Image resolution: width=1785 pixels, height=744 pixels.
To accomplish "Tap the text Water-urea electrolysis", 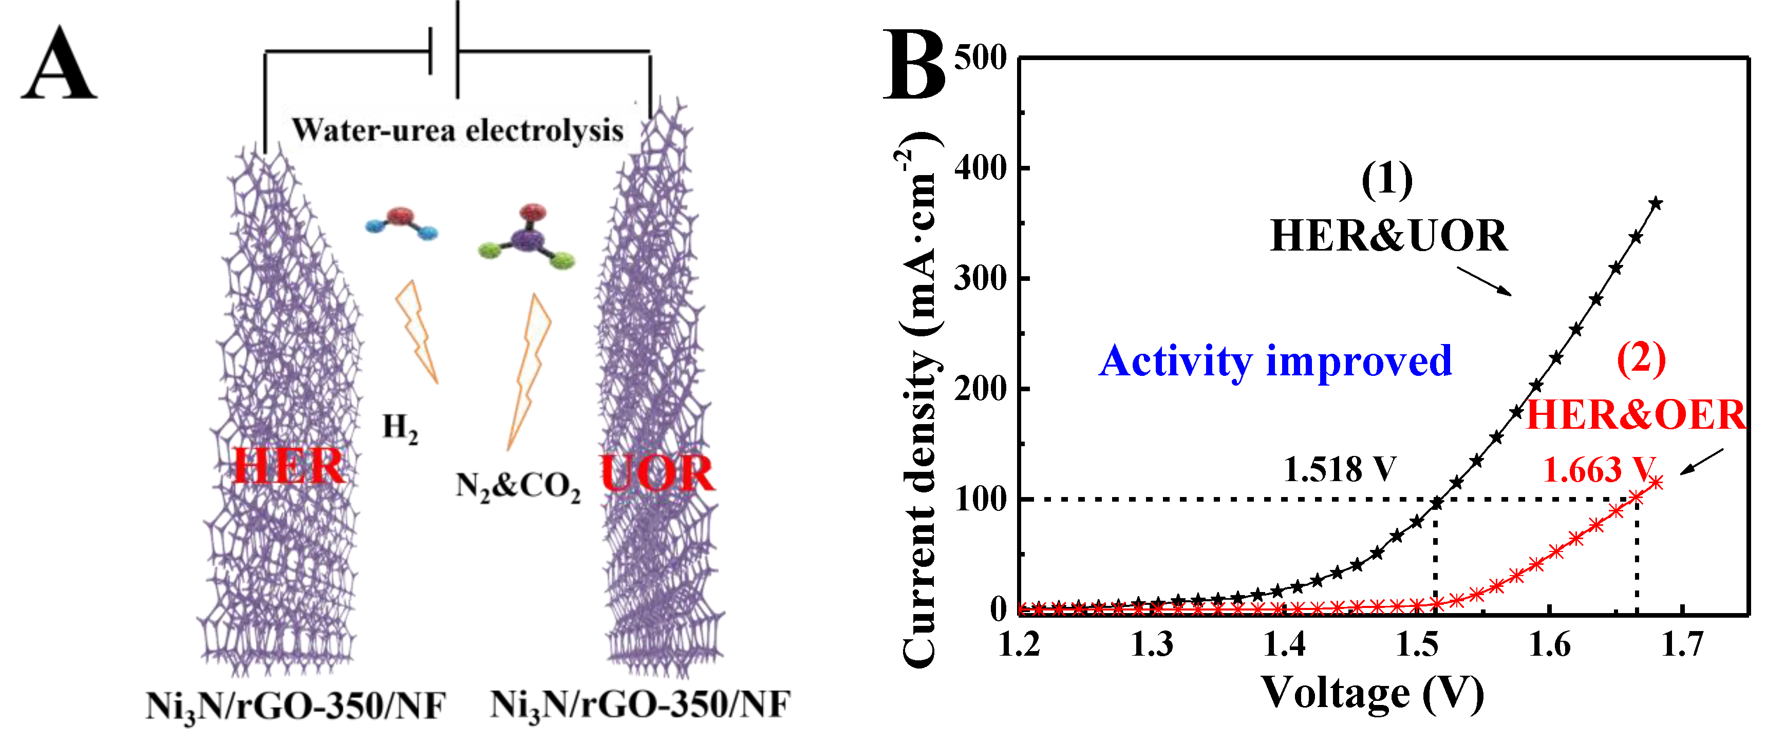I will [x=457, y=130].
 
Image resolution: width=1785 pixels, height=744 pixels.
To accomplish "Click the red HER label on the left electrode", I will [x=288, y=466].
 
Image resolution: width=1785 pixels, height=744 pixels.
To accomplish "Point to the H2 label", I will [x=401, y=428].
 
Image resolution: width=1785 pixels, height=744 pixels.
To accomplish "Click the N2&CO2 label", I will [x=518, y=487].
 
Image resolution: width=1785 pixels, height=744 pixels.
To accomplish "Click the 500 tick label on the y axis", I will [x=980, y=58].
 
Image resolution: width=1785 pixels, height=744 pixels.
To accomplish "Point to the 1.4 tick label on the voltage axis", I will [x=1284, y=645].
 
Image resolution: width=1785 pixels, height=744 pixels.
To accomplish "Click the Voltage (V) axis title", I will [x=1372, y=693].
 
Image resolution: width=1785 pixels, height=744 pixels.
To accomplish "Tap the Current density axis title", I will [x=920, y=402].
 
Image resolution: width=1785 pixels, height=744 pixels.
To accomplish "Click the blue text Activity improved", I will [x=1275, y=361].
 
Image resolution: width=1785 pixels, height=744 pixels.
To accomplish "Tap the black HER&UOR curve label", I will [x=1388, y=236].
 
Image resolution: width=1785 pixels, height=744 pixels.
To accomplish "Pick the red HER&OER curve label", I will [x=1636, y=415].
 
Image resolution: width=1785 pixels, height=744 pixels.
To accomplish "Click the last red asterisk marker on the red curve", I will [x=1656, y=482].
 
